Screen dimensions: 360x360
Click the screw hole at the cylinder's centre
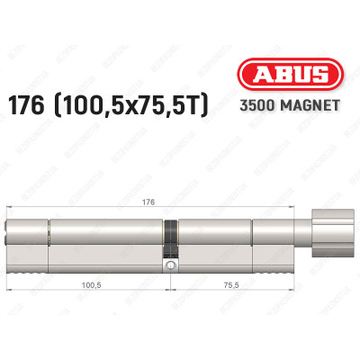tap(167, 265)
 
